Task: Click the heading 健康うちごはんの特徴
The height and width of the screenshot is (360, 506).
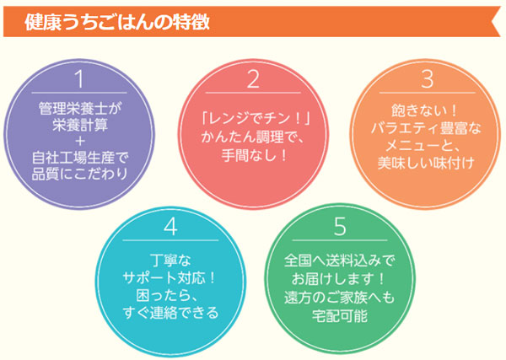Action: click(117, 22)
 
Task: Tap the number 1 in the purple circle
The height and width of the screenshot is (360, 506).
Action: click(79, 78)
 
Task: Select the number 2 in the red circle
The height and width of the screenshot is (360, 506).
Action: click(253, 78)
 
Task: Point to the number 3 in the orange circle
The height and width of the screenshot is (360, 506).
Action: click(428, 78)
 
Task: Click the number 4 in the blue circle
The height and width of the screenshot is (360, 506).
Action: click(170, 226)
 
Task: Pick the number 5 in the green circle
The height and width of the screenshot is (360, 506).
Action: click(340, 226)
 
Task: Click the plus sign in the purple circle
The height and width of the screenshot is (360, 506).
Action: click(79, 142)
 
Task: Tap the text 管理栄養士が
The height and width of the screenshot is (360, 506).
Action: click(79, 108)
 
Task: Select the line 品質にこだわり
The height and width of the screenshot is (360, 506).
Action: click(79, 174)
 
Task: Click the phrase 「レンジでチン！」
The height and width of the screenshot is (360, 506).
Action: click(253, 118)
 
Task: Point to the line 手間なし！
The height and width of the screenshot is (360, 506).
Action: click(253, 155)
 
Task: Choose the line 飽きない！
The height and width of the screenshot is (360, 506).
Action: click(424, 110)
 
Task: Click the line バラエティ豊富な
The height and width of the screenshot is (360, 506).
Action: click(426, 128)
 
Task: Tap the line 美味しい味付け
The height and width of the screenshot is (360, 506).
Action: click(426, 163)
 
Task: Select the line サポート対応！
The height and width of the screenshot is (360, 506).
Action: click(170, 277)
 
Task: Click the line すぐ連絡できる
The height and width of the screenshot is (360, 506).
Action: click(170, 312)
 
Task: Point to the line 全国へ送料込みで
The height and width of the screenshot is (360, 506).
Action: click(340, 261)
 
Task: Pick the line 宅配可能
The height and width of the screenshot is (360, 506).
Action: click(340, 315)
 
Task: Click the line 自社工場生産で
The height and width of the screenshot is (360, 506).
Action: click(79, 158)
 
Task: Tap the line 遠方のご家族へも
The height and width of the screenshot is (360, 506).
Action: click(340, 298)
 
